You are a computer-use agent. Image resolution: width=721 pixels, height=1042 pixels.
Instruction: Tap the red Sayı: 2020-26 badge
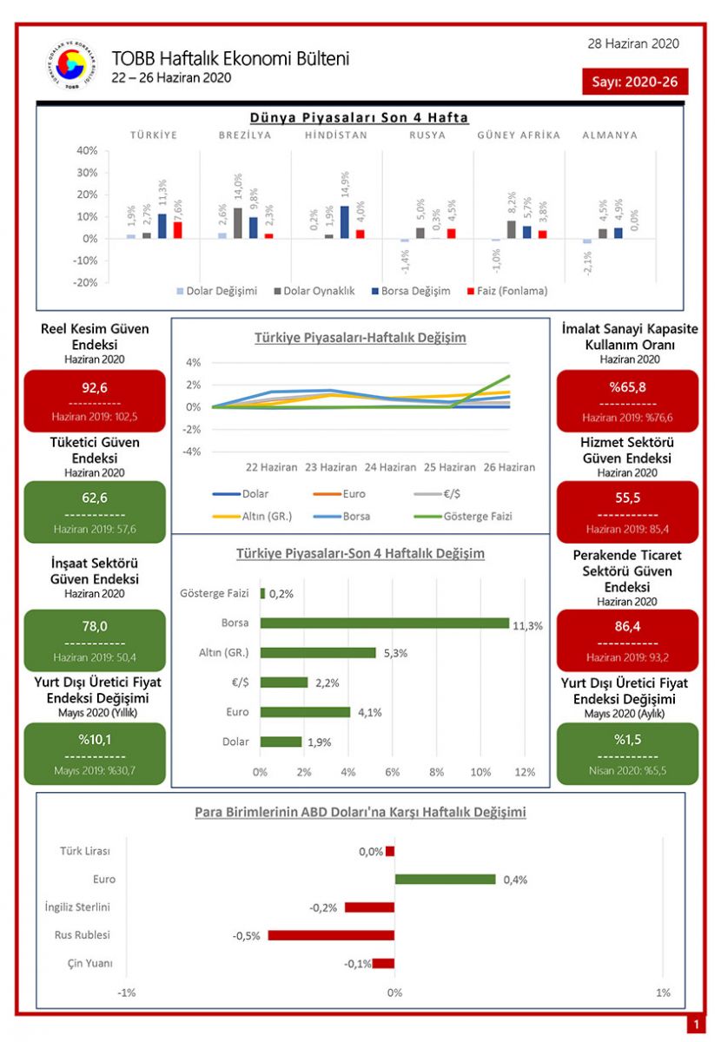coord(635,82)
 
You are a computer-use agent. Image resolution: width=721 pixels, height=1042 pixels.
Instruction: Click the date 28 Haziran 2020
coord(633,44)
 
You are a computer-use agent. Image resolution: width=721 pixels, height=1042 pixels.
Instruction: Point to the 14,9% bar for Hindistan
coord(345,221)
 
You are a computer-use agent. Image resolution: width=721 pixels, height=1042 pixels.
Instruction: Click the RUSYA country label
coord(427,135)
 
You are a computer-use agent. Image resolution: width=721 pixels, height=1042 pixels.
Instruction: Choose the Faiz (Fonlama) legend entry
coord(506,291)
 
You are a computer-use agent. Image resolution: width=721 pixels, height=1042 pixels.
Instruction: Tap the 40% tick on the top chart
coord(86,150)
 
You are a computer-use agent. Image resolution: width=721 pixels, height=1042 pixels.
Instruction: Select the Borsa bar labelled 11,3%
coord(384,623)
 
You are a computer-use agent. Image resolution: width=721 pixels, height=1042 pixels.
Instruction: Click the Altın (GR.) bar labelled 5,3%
coord(318,652)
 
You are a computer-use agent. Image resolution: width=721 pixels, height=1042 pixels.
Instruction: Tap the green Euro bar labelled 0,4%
coord(445,879)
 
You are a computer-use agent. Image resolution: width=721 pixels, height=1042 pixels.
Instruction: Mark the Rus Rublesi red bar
coord(331,935)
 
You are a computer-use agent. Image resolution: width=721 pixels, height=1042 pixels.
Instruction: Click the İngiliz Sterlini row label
coord(77,907)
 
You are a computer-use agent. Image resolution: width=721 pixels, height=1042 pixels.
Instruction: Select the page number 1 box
coord(695,1026)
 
